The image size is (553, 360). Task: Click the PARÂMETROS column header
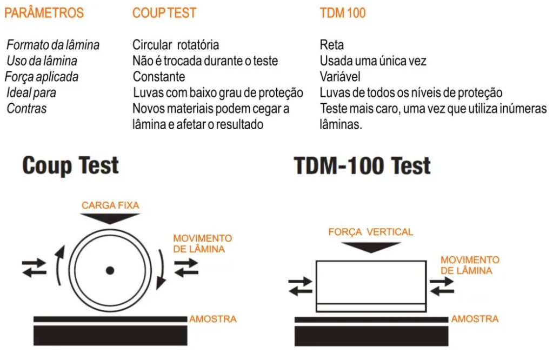point(44,12)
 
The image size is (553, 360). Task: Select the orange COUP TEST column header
point(164,13)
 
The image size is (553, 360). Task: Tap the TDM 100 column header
point(343,13)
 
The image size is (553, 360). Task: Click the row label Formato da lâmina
point(53,45)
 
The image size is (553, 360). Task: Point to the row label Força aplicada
point(42,77)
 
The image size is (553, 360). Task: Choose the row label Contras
point(26,108)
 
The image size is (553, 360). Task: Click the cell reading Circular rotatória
point(176,45)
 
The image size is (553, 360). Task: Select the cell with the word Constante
point(159,77)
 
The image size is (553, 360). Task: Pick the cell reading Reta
point(331,45)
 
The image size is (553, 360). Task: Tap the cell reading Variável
point(340,77)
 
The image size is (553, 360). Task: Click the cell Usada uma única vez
point(373,61)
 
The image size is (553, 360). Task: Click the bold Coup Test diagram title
point(70,165)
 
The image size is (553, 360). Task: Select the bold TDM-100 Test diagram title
point(362,165)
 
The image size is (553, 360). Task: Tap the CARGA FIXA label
point(110,205)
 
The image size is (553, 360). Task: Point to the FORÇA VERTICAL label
point(371,232)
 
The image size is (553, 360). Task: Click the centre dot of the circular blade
point(110,270)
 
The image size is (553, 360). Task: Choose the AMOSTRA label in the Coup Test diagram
point(213,319)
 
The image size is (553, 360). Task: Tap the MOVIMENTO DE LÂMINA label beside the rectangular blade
point(470,265)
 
